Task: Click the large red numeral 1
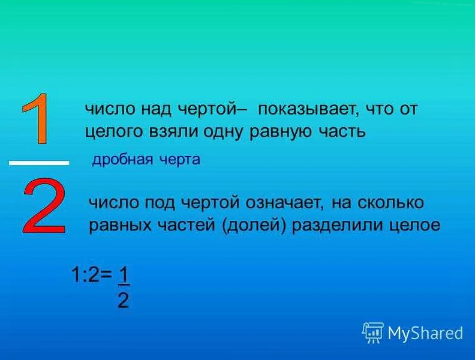pyautogui.click(x=37, y=119)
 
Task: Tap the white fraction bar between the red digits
pyautogui.click(x=39, y=163)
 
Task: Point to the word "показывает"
pyautogui.click(x=305, y=109)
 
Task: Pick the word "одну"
pyautogui.click(x=218, y=131)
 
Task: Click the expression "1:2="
pyautogui.click(x=91, y=275)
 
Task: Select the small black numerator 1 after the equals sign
pyautogui.click(x=124, y=275)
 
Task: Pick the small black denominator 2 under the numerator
pyautogui.click(x=123, y=300)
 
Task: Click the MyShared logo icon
pyautogui.click(x=372, y=332)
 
